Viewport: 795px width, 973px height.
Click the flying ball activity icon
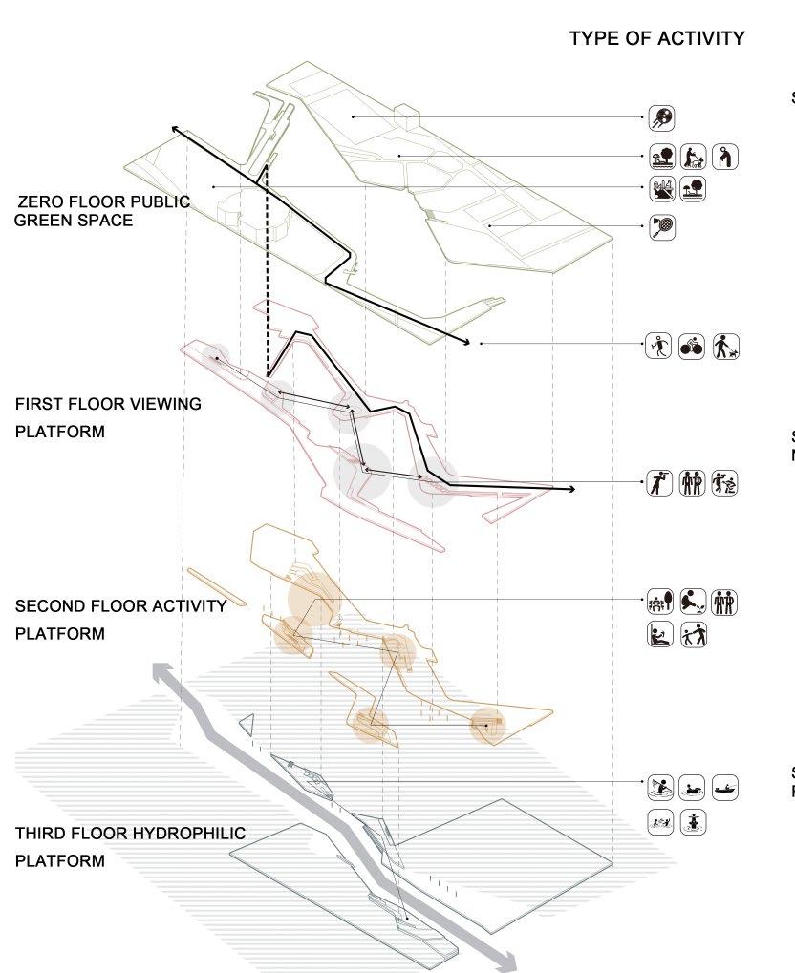click(661, 117)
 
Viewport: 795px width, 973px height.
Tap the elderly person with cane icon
click(726, 157)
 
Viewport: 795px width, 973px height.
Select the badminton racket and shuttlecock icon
click(661, 227)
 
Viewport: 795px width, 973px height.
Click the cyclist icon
click(692, 347)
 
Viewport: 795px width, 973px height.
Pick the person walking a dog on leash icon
click(726, 347)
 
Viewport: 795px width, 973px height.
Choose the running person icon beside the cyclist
click(659, 347)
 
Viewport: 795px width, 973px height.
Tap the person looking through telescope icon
click(659, 483)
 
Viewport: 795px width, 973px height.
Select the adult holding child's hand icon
click(694, 634)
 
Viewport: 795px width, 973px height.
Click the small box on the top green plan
click(406, 116)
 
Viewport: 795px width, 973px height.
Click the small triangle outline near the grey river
click(248, 725)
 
